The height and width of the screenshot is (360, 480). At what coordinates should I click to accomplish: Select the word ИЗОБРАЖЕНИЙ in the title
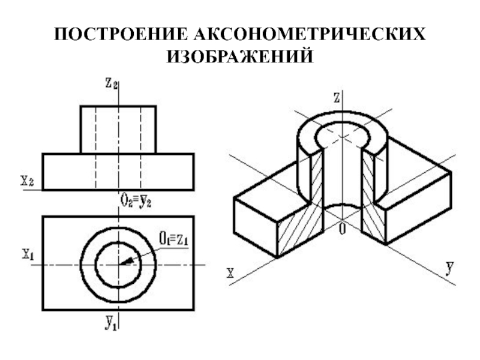(x=240, y=57)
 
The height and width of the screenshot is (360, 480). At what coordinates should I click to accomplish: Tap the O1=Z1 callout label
(x=174, y=239)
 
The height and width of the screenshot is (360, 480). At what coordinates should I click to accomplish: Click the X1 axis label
(x=28, y=254)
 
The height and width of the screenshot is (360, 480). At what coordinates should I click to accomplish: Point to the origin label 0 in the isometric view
(x=342, y=229)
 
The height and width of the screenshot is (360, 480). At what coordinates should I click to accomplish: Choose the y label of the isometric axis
(x=449, y=266)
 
